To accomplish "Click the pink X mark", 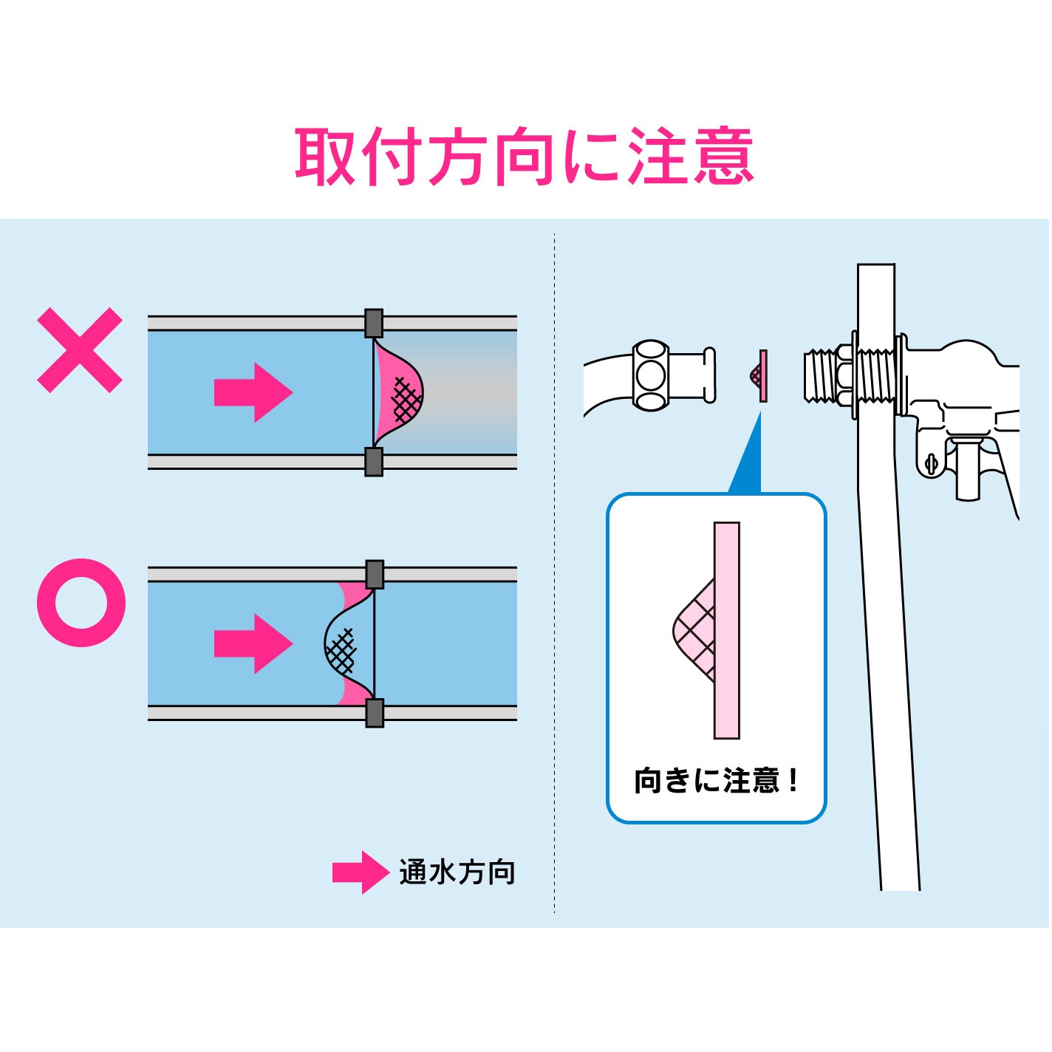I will click(x=80, y=349).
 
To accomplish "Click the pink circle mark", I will click(x=81, y=602).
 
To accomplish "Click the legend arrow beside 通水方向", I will click(x=360, y=872).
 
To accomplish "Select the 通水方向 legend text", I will click(x=457, y=872).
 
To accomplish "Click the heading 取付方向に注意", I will click(x=524, y=157).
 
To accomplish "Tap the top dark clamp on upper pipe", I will click(x=374, y=323).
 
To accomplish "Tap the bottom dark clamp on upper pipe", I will click(x=374, y=462).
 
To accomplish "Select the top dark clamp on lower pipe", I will click(x=375, y=574).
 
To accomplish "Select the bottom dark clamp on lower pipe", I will click(x=375, y=713).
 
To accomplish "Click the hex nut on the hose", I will click(x=651, y=375).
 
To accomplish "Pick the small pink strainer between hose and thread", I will click(x=759, y=376).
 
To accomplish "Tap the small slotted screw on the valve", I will click(x=931, y=464).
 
